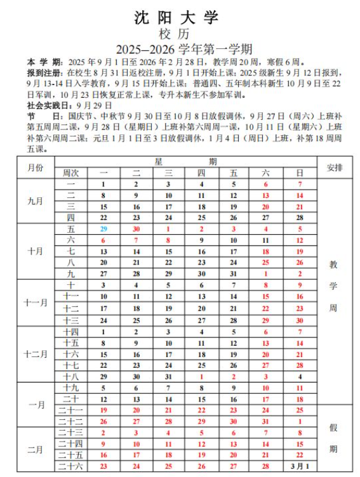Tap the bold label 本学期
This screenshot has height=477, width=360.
point(44,62)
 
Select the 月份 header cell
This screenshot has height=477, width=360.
point(36,167)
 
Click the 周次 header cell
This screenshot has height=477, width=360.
point(70,173)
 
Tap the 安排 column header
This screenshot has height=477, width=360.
point(334,167)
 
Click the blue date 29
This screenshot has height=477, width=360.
point(103,229)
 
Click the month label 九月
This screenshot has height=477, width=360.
point(36,200)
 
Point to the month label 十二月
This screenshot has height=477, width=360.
point(36,354)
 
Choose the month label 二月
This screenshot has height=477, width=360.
point(36,450)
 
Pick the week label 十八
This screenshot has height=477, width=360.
point(70,377)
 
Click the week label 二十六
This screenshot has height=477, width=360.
point(70,466)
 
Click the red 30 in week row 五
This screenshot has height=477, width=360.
point(136,229)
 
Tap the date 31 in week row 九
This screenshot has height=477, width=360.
point(234,274)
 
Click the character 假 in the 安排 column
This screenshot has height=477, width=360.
point(334,427)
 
